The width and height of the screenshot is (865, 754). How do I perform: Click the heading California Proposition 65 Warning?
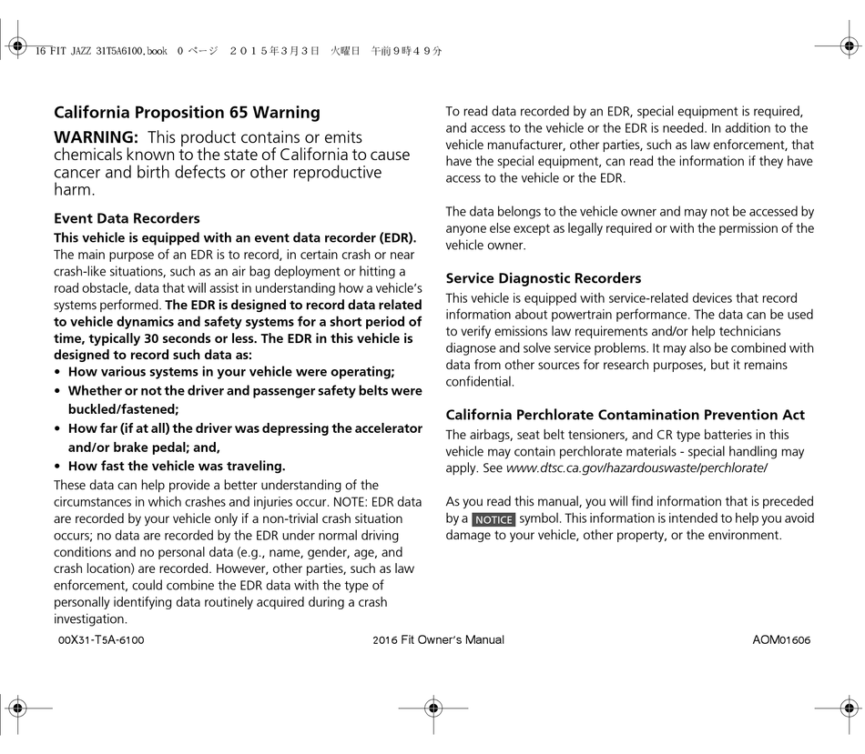[187, 113]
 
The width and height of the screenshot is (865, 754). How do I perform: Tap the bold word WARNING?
[96, 137]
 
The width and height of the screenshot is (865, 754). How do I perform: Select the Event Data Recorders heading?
[127, 218]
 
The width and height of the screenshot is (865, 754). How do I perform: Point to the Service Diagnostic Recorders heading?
[543, 278]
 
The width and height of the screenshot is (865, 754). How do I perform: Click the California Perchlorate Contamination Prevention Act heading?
[625, 415]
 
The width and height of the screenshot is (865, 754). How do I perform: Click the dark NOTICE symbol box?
[494, 519]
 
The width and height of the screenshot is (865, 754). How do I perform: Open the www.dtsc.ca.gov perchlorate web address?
[636, 467]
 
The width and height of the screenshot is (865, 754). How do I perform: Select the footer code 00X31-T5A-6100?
[101, 640]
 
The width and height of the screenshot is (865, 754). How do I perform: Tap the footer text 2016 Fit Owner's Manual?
[438, 640]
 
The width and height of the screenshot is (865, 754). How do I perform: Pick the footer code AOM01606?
[781, 640]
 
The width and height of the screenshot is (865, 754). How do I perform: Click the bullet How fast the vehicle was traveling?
[177, 466]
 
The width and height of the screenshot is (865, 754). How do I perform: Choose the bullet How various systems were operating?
[231, 371]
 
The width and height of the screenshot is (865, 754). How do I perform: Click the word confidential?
[480, 382]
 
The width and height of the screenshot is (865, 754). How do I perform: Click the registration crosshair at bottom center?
[432, 707]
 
